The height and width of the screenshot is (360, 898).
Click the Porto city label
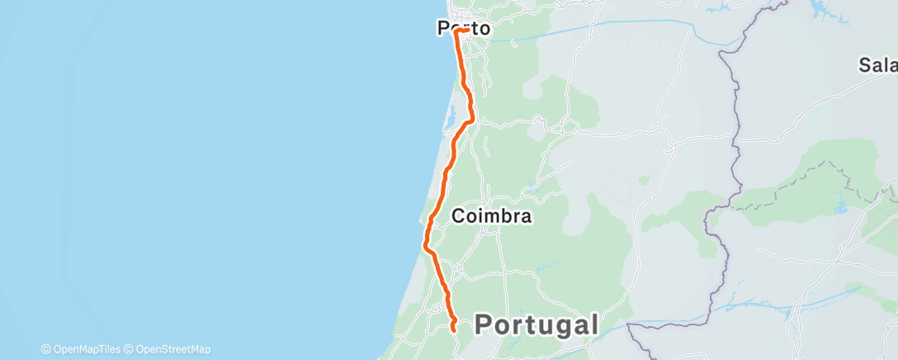click(463, 30)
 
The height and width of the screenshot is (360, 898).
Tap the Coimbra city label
click(492, 216)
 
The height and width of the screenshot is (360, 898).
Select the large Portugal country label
click(536, 324)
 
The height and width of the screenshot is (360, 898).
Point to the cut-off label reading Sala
click(877, 65)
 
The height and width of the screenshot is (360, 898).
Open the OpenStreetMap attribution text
click(173, 349)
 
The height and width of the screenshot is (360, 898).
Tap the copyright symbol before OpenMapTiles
click(45, 349)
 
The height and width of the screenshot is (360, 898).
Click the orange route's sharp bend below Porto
click(470, 121)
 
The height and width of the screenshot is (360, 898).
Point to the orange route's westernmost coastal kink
click(425, 245)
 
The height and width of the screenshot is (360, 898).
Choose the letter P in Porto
click(443, 30)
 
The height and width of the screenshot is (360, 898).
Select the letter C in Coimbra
click(459, 216)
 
